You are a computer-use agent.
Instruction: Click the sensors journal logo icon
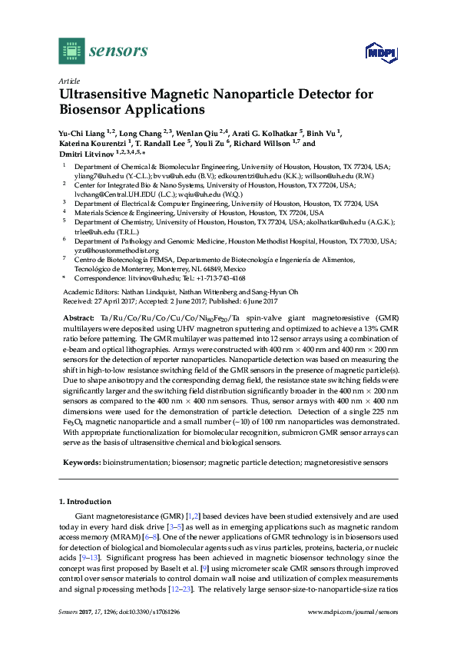(71, 51)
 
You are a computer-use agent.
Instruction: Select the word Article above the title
(69, 80)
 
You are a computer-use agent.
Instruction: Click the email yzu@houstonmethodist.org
(116, 250)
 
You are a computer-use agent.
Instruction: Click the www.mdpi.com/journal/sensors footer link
(353, 612)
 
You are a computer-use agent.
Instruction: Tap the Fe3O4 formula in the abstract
(69, 423)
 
